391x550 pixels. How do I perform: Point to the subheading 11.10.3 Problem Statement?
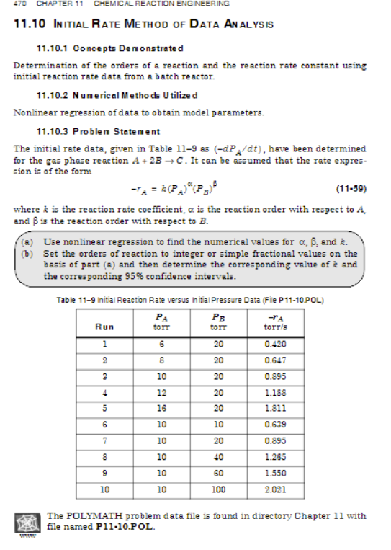click(x=98, y=131)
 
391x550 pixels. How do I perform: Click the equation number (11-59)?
click(x=351, y=190)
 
